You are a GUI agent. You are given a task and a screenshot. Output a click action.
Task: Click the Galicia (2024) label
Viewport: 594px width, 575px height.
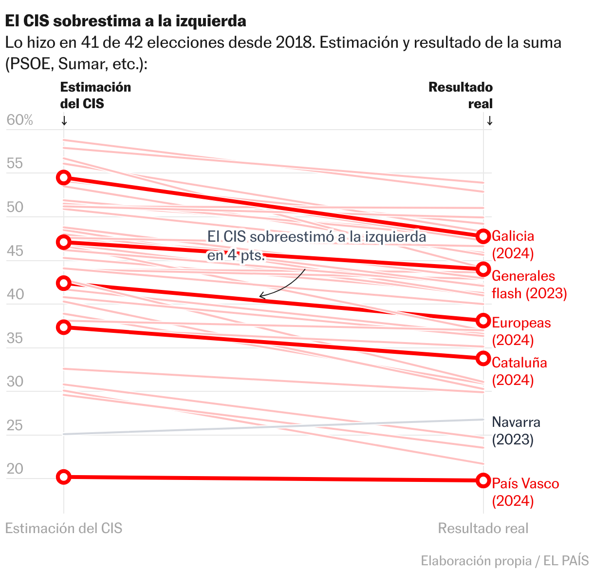pos(513,245)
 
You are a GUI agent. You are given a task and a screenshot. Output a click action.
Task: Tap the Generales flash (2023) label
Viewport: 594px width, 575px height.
pos(529,285)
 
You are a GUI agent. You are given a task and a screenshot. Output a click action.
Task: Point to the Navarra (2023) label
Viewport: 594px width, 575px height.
pos(516,431)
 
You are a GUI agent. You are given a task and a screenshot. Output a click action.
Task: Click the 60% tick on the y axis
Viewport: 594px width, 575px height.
pos(19,120)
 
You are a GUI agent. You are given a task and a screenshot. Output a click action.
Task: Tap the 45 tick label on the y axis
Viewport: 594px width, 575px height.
pos(15,251)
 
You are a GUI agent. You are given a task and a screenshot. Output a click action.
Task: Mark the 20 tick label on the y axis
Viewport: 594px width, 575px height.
pos(15,469)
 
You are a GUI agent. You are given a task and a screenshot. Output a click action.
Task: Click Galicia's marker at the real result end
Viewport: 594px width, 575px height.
pos(483,236)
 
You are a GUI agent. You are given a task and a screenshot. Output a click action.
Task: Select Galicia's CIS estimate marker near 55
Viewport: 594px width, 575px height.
pos(63,177)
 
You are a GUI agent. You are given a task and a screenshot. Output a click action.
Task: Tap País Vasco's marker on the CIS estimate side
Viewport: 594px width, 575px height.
pos(63,477)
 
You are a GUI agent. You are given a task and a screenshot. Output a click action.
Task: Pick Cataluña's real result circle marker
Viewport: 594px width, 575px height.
pos(483,359)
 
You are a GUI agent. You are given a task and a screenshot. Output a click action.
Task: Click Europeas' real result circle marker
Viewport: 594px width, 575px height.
pos(483,321)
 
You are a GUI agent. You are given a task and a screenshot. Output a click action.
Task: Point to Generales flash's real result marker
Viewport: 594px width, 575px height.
pos(483,269)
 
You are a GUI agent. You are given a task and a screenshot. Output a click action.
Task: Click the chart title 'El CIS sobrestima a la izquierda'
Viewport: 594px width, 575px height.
pos(126,21)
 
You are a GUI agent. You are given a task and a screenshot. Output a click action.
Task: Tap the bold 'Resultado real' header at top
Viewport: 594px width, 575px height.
pos(460,96)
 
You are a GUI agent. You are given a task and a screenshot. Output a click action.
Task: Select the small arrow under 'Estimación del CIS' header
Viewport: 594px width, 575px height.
pos(64,120)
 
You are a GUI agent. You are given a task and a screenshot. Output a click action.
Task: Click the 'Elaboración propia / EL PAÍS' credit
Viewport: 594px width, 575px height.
pos(504,560)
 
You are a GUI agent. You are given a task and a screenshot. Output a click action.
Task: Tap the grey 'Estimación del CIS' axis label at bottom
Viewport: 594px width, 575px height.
pos(63,528)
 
